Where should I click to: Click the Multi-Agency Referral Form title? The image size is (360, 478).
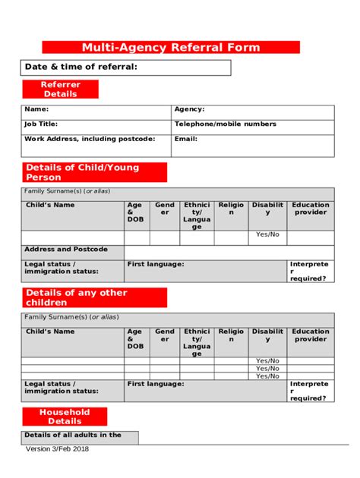coord(171,47)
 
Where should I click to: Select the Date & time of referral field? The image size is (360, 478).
coord(125,68)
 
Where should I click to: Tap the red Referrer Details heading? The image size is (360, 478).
coord(60,90)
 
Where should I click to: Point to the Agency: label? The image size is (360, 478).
coord(189,109)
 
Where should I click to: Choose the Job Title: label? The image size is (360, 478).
coord(41,124)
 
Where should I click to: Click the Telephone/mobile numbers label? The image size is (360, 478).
coord(225,124)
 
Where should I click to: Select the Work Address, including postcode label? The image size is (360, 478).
coord(89,139)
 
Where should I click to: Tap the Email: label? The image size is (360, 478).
coord(185,139)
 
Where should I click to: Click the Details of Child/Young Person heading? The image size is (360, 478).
coord(93,172)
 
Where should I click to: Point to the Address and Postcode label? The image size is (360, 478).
coord(66,249)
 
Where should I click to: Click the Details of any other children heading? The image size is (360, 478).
coord(93,297)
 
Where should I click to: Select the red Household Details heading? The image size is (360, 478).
coord(65,417)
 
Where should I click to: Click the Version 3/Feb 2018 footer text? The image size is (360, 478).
coord(57,448)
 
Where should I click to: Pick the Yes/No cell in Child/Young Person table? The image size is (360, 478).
coord(267,234)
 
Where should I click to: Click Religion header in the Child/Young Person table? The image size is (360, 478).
coord(231,209)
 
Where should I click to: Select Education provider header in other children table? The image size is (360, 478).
coord(311,335)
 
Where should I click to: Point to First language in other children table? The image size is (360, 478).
coord(155,384)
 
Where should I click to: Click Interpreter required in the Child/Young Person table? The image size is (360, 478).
coord(310,271)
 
